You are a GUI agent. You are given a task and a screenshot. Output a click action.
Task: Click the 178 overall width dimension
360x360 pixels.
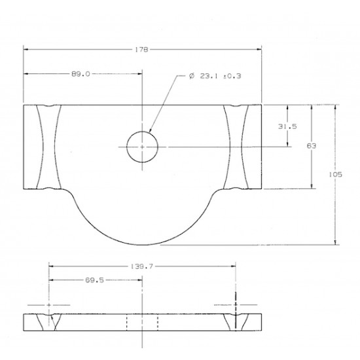[142, 49]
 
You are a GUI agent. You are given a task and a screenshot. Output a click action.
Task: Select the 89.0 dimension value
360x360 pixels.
[81, 75]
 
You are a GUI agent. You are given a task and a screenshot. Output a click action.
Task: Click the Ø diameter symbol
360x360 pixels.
[191, 77]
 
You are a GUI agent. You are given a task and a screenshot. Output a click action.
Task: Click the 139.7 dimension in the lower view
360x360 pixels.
[142, 267]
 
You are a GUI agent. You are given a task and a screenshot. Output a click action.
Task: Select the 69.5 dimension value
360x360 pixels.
[96, 280]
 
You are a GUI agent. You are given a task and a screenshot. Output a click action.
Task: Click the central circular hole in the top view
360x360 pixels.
[142, 147]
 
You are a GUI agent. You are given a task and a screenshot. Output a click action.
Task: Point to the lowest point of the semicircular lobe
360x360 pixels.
[142, 245]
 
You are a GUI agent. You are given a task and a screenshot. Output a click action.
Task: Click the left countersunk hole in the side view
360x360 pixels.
[50, 322]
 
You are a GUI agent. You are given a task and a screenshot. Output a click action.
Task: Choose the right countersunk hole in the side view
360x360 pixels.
[235, 322]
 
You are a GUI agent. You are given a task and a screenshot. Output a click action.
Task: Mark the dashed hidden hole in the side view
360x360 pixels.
[142, 322]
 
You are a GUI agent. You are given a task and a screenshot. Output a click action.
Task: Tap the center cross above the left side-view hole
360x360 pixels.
[50, 305]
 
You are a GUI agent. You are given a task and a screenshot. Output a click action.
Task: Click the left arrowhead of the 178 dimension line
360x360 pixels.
[26, 49]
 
